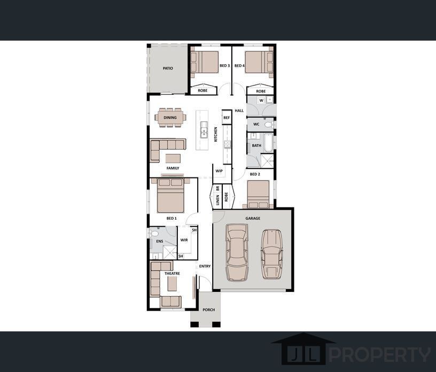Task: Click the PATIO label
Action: pos(168,68)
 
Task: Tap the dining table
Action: pos(170,118)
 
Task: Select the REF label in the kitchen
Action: pos(227,118)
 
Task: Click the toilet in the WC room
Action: pos(268,125)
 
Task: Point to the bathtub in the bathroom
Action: pos(268,143)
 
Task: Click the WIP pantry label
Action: pos(219,171)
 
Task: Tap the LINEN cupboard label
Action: pos(217,199)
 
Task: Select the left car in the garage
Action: pos(237,252)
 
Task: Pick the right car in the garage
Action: pos(271,254)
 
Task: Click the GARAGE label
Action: pos(253,219)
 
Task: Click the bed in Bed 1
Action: pos(170,196)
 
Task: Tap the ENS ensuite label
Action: pos(160,241)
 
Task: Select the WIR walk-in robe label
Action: pos(184,240)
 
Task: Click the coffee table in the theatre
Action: pos(172,284)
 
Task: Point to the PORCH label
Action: pos(209,309)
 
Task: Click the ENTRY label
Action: pos(205,266)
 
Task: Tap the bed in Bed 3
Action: pos(204,63)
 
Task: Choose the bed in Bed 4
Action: pos(259,63)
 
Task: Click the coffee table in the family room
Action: pos(173,159)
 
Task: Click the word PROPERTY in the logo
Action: pos(380,354)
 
